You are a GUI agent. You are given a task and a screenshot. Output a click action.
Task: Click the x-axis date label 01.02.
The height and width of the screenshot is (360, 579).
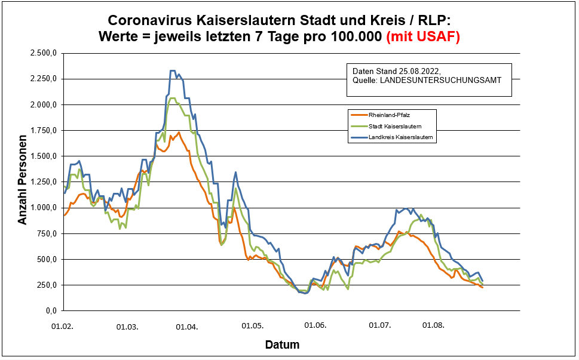[65, 326]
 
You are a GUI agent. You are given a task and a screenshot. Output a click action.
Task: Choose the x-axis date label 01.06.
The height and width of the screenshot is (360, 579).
[315, 326]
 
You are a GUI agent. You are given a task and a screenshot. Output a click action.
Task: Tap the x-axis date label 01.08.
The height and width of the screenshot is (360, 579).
[433, 326]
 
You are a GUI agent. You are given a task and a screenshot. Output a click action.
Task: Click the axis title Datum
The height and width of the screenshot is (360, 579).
[282, 345]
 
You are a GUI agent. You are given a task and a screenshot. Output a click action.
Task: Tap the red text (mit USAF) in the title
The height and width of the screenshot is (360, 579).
[423, 36]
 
